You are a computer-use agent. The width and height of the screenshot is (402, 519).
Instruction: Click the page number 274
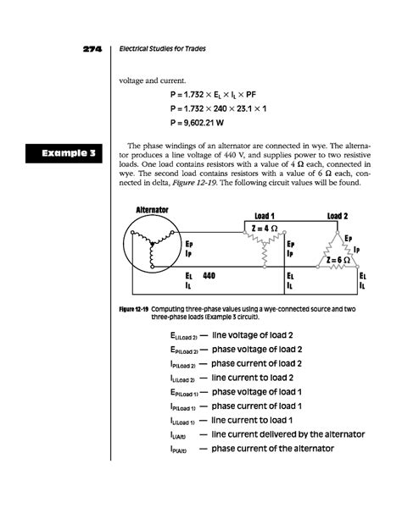(92, 49)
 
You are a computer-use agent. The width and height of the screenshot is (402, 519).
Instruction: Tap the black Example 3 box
(64, 153)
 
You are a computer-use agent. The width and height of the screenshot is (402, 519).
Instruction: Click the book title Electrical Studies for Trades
(162, 48)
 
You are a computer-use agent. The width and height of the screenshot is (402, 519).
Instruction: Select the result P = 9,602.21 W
(197, 123)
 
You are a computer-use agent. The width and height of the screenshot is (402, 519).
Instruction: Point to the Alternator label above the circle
(153, 210)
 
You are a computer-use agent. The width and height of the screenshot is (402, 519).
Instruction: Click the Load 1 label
(265, 216)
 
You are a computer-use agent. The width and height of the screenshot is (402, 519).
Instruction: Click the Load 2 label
(338, 216)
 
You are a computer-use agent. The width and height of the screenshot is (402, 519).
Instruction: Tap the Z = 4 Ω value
(265, 229)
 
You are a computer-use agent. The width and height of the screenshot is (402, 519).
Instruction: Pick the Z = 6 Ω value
(338, 260)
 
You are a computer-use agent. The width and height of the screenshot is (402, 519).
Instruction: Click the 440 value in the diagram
(209, 275)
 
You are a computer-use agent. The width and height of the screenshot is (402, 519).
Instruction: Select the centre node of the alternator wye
(153, 245)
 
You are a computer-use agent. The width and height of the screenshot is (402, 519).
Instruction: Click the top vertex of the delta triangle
(338, 232)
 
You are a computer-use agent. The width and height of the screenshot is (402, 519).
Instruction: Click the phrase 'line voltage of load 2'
(253, 335)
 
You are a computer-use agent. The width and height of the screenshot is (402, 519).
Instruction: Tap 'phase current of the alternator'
(272, 449)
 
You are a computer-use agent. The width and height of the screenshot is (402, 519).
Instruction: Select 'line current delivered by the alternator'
(288, 434)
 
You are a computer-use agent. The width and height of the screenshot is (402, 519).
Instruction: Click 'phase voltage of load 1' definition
(257, 392)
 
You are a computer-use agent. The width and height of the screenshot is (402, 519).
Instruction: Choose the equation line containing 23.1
(218, 108)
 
